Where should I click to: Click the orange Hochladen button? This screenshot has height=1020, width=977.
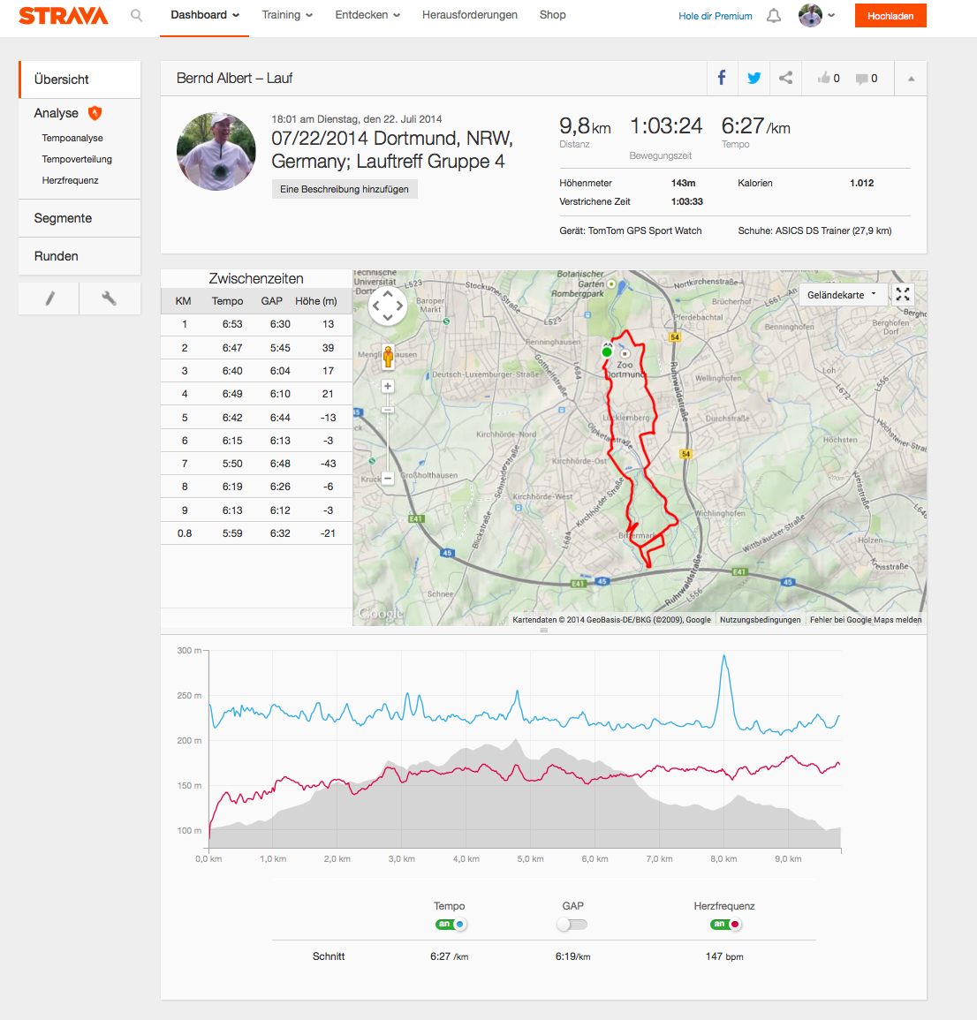[890, 16]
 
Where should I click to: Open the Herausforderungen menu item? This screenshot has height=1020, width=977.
[470, 15]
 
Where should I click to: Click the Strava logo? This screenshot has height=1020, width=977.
[64, 16]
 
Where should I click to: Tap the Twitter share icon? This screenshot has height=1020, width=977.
[754, 78]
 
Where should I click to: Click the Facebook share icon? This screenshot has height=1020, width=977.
[722, 78]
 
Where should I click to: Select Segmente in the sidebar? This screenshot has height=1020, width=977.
[63, 218]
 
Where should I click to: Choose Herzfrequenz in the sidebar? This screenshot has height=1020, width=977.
[70, 180]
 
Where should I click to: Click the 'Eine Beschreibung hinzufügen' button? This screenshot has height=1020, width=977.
[345, 189]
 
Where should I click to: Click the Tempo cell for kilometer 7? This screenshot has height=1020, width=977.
[232, 464]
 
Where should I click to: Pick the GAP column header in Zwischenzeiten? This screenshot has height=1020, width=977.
[272, 301]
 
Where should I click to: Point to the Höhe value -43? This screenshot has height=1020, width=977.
[328, 464]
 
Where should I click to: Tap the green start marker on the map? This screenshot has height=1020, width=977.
[607, 352]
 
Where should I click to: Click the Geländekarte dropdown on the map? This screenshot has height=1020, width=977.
[841, 295]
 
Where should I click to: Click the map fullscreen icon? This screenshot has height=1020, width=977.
[903, 295]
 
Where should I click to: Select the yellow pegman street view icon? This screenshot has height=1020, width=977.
[388, 357]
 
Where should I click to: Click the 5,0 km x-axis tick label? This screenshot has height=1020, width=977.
[531, 859]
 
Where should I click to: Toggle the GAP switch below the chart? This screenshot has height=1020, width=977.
[572, 925]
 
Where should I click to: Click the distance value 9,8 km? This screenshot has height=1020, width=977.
[585, 127]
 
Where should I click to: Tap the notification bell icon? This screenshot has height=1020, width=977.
[774, 16]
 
